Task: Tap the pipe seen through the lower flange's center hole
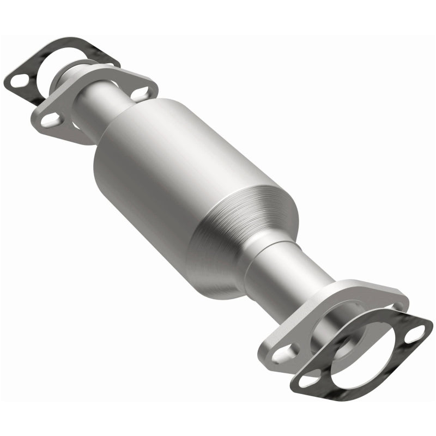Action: point(332,332)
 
